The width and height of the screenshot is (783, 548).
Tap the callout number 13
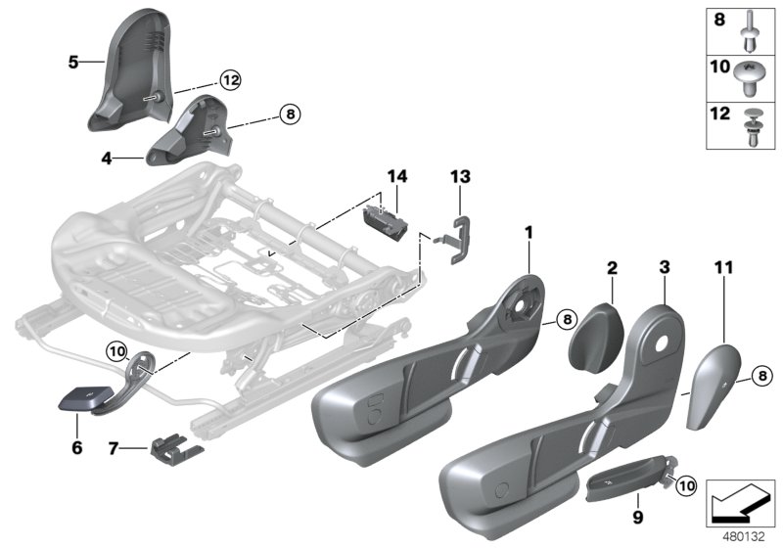(x=460, y=177)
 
